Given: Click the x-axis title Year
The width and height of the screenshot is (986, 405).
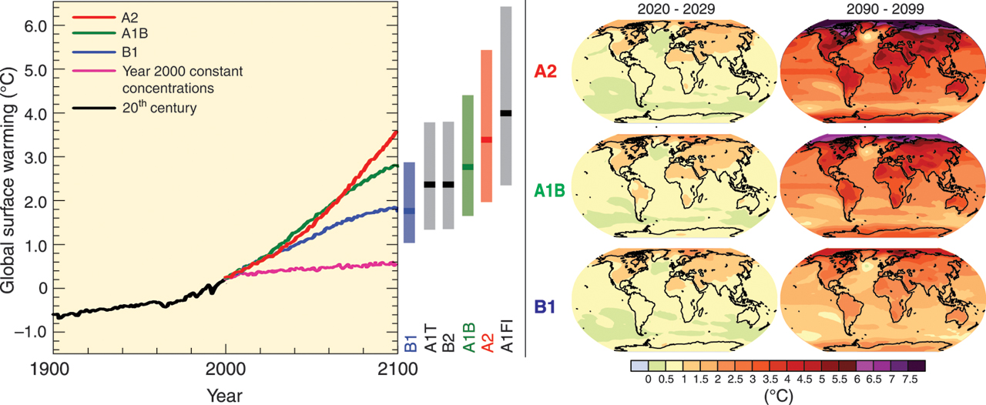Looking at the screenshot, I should click(224, 395).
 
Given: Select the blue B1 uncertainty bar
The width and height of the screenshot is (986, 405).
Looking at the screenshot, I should click(410, 202).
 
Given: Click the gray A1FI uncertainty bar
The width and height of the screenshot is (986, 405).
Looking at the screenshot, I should click(506, 95).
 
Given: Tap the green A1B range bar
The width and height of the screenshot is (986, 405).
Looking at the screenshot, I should click(468, 155).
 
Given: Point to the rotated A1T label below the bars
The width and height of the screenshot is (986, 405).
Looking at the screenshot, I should click(429, 337).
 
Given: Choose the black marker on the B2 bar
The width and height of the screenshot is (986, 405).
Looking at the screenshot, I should click(448, 184).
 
